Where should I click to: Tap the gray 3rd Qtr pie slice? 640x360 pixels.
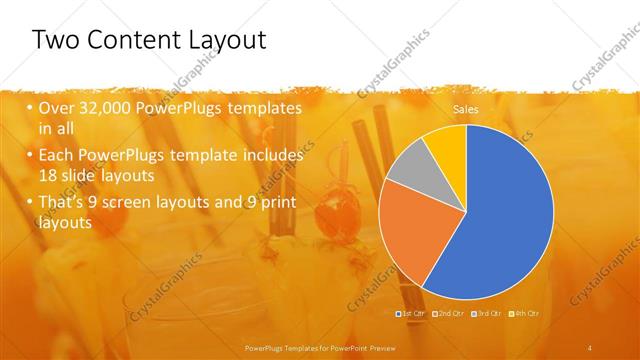pos(407,167)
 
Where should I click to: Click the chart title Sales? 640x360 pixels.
pos(466,108)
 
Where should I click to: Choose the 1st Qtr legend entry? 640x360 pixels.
pos(411,314)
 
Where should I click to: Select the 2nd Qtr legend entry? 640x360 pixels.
pos(449,314)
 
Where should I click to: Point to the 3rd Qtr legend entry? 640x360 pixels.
pos(487,314)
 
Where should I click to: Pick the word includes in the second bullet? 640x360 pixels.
pos(274,156)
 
